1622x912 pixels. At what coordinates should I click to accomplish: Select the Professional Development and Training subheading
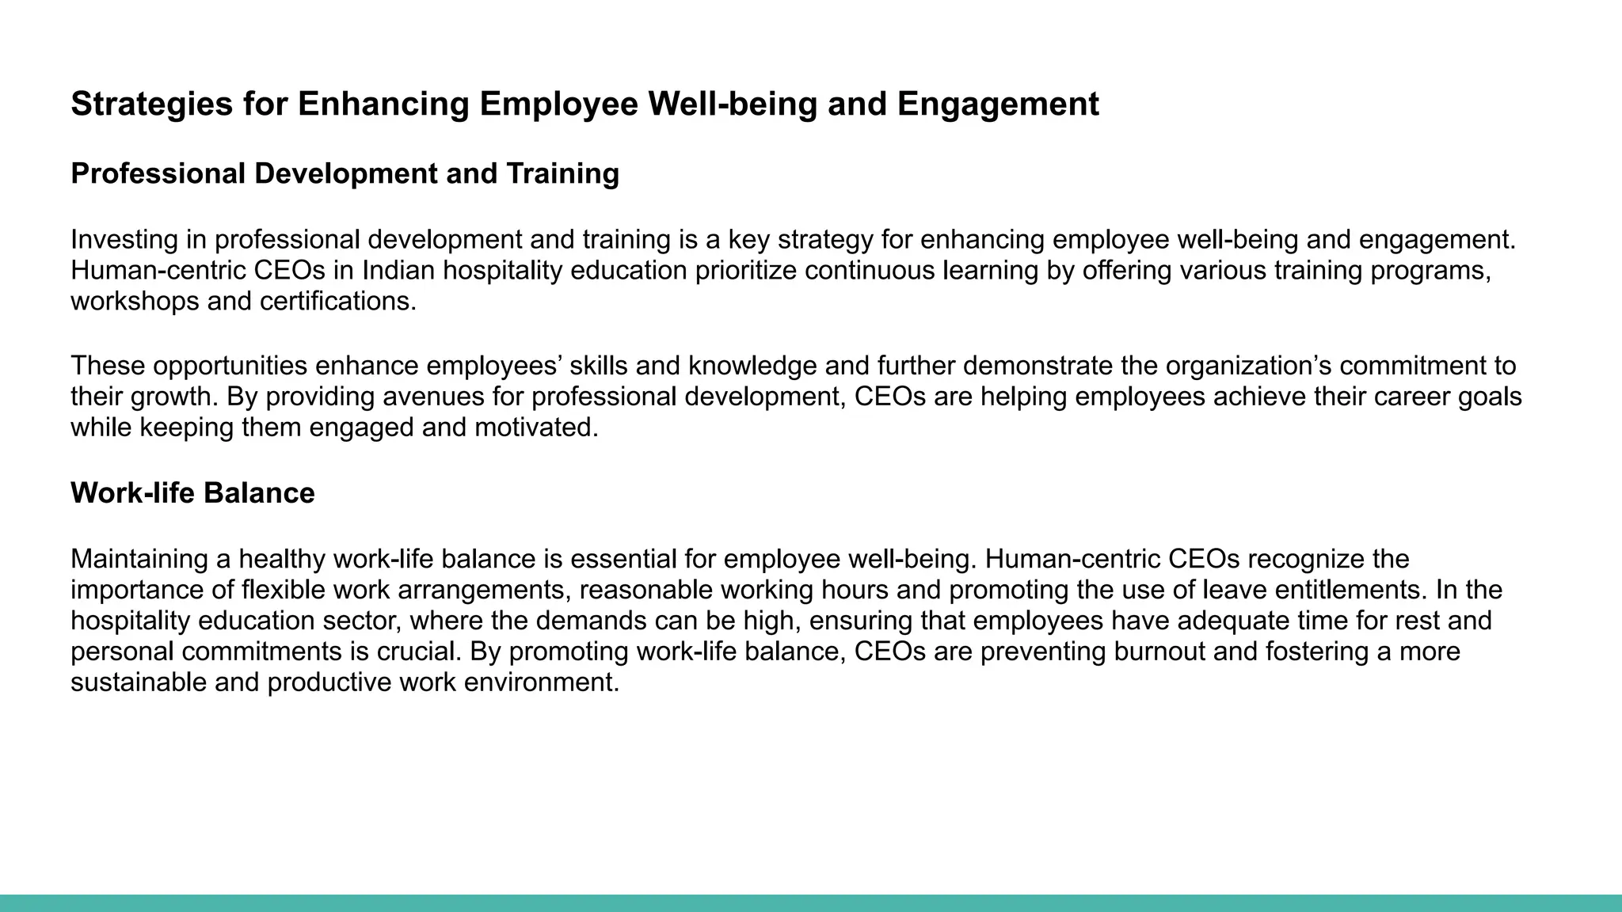(345, 173)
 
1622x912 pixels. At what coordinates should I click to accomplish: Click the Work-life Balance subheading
(192, 493)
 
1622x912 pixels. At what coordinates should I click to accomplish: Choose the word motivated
(536, 427)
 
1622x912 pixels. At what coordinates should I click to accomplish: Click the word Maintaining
(139, 559)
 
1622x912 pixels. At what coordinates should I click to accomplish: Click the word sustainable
(139, 682)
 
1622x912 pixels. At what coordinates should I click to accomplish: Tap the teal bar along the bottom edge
(811, 903)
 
